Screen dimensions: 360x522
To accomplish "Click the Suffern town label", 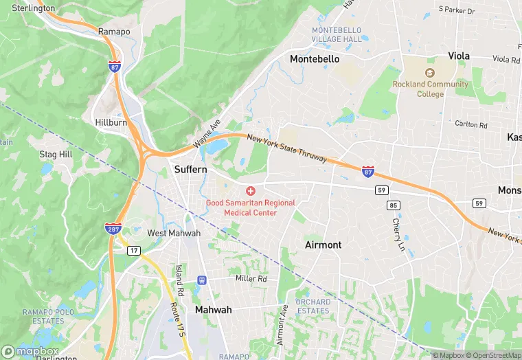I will point(191,169).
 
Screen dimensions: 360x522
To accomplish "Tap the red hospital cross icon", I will point(251,190).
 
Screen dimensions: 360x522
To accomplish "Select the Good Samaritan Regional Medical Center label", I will point(251,207).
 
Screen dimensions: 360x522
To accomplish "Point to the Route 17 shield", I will point(133,251).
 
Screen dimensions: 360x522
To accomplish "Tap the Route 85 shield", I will point(393,205).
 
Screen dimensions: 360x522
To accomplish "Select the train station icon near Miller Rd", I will point(202,280).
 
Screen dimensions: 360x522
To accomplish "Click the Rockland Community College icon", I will point(430,73).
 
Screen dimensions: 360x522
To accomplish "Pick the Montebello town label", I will point(315,59).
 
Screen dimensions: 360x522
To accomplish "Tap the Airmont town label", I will point(323,245).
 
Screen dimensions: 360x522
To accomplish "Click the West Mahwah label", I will point(174,233).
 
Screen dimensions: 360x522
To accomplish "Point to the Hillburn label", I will point(111,122).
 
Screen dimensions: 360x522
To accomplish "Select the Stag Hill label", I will point(56,155).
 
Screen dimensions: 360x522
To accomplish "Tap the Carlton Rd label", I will point(470,125).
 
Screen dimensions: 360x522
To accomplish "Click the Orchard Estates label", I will point(313,306).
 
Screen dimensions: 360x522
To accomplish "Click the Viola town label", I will point(459,55).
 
